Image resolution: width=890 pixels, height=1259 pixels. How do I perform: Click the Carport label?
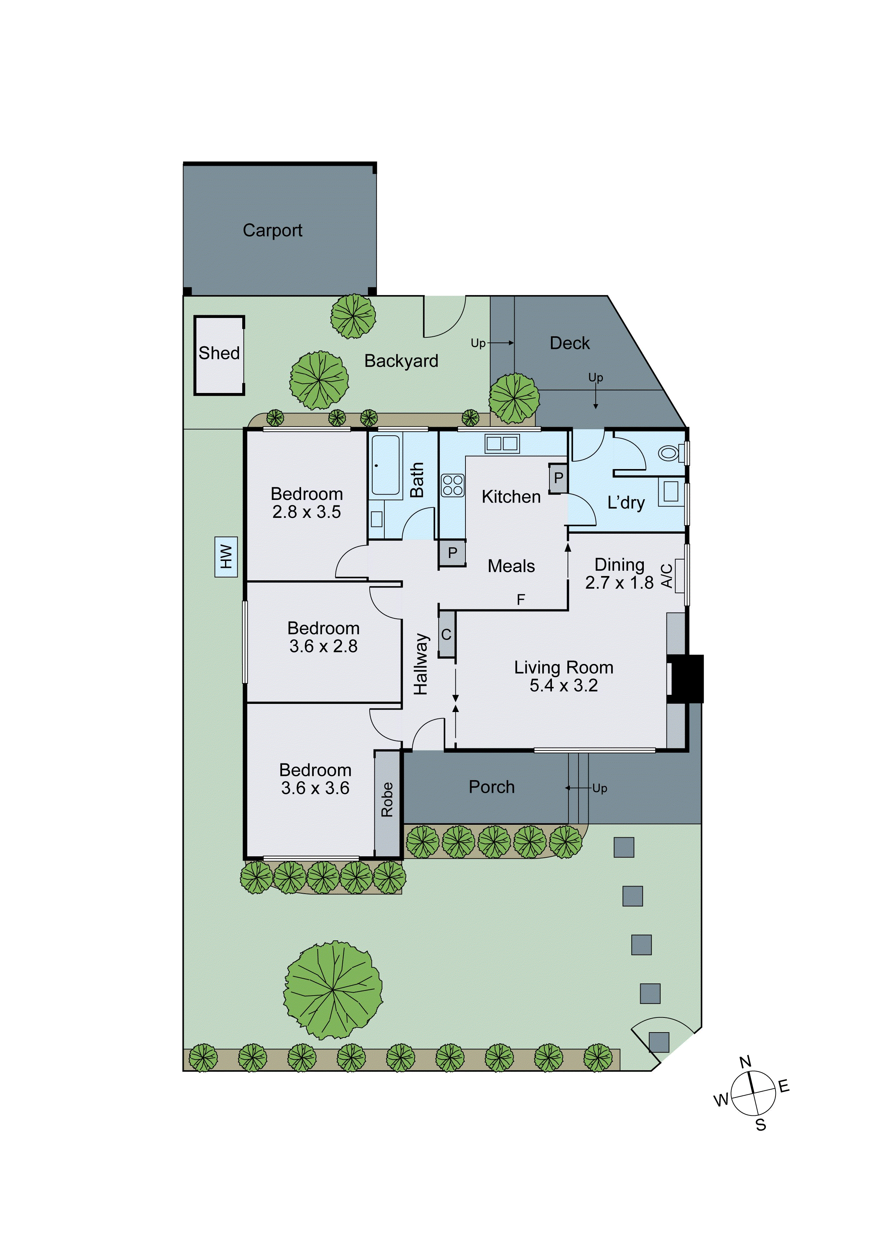272,230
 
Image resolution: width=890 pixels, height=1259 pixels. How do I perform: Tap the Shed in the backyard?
219,355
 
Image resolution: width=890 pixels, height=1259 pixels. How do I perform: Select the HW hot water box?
226,557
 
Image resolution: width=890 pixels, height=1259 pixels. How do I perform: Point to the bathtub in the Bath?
385,465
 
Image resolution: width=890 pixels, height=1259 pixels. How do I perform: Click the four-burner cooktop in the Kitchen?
453,485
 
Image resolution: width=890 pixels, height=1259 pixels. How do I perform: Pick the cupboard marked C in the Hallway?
446,635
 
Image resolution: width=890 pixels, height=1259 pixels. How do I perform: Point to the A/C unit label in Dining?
667,576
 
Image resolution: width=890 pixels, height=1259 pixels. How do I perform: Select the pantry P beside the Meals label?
453,553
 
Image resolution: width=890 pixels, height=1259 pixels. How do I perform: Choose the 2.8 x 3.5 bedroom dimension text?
306,512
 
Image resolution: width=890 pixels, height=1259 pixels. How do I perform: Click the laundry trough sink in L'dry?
671,491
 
